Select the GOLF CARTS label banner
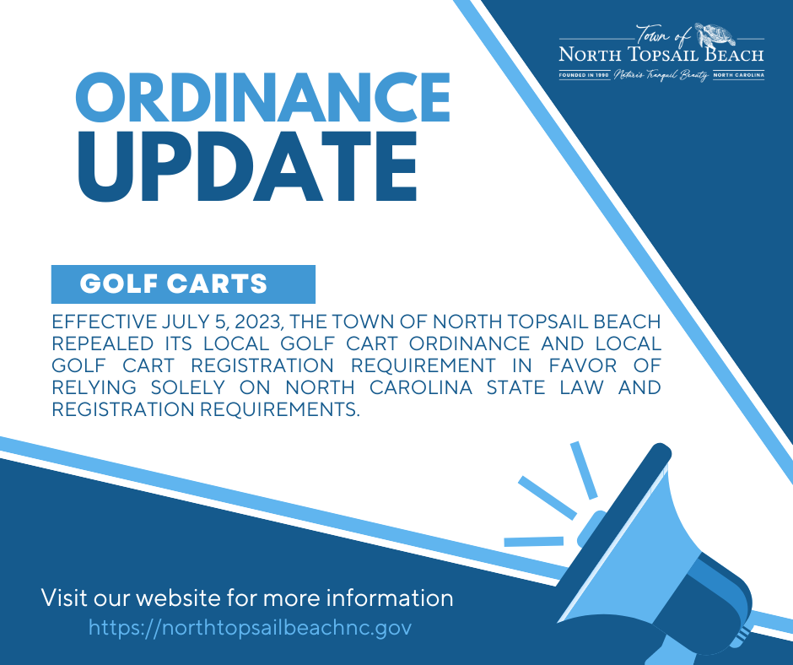click(182, 284)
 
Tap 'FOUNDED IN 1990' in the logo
click(584, 75)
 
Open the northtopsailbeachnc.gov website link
click(250, 628)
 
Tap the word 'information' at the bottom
click(385, 598)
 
